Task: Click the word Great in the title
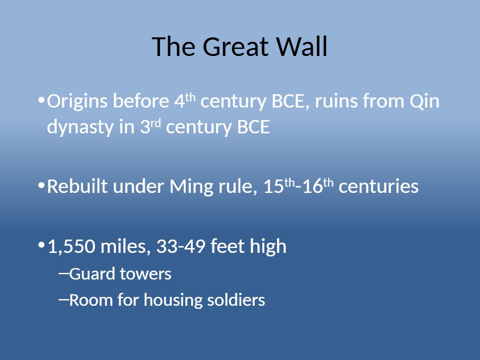[236, 47]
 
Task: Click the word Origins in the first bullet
[77, 102]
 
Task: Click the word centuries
[378, 186]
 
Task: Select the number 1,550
[72, 246]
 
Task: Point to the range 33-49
[180, 246]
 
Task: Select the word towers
[145, 274]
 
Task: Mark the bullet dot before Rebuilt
[41, 185]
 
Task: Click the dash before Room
[64, 299]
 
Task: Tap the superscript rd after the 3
[156, 124]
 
